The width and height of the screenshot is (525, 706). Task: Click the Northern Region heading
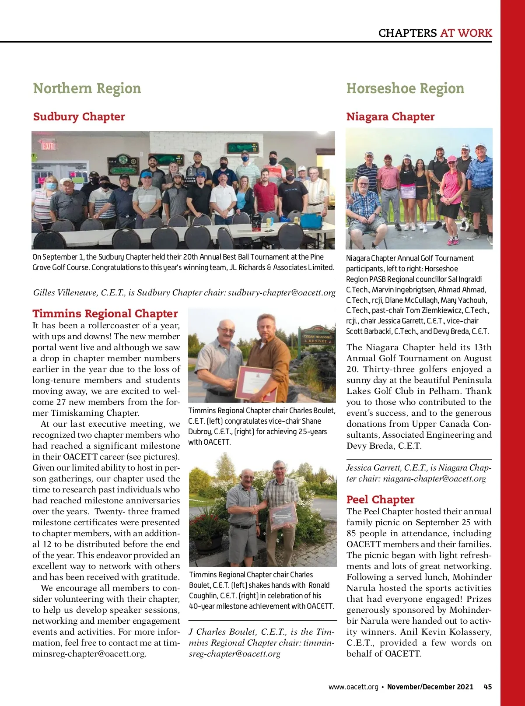coord(87,88)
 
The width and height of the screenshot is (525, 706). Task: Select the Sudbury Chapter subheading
coord(79,117)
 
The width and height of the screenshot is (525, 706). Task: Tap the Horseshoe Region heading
coord(405,88)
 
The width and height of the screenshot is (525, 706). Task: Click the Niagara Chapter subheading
coord(390,117)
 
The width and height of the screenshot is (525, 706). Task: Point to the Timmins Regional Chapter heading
coord(105,314)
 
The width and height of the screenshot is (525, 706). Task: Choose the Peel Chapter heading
coord(380,500)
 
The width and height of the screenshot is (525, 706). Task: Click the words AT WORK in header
coord(466,33)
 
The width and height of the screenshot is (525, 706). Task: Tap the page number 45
coord(488,687)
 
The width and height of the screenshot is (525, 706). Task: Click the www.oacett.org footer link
coord(353,687)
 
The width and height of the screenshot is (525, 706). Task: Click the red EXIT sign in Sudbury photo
coord(48,146)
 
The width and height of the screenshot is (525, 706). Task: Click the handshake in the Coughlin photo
coord(255,510)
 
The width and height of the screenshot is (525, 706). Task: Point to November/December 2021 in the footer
coord(430,687)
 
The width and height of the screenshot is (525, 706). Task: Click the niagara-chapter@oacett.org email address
coord(434,479)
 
